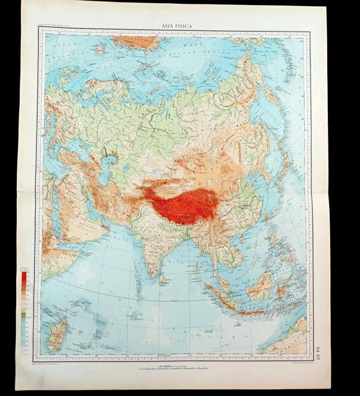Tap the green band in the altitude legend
coord(24,315)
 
